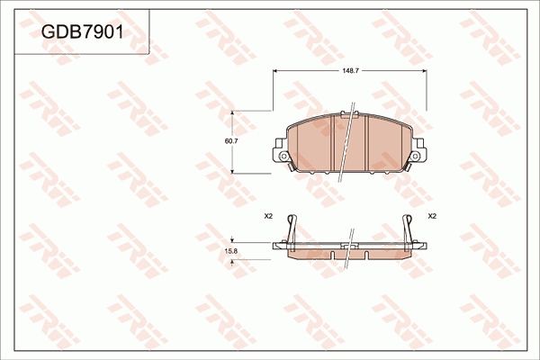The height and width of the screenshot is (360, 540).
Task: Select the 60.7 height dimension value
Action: (x=230, y=140)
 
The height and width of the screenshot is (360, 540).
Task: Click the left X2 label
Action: (x=268, y=217)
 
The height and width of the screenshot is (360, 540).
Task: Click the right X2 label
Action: (x=432, y=217)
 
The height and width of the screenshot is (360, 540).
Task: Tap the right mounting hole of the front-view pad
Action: (x=417, y=157)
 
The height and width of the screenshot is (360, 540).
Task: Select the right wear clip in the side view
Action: (x=409, y=229)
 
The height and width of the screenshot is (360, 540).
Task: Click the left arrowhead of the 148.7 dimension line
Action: (x=275, y=72)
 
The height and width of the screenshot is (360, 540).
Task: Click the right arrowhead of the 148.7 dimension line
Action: (x=425, y=72)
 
